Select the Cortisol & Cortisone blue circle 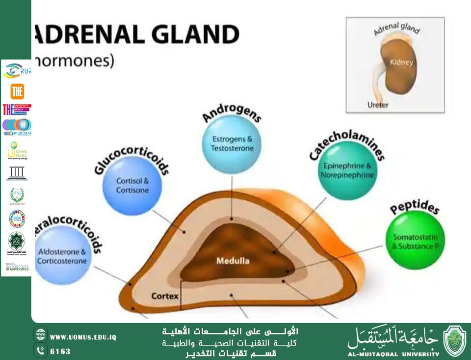(132, 185)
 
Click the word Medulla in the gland (233, 261)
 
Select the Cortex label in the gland (164, 296)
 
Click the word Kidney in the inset (401, 62)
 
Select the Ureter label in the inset (378, 105)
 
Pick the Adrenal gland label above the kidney (396, 28)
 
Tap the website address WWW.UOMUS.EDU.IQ (83, 337)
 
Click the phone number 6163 (60, 352)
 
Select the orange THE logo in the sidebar (17, 91)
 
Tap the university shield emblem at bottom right (454, 341)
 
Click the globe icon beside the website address (41, 337)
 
